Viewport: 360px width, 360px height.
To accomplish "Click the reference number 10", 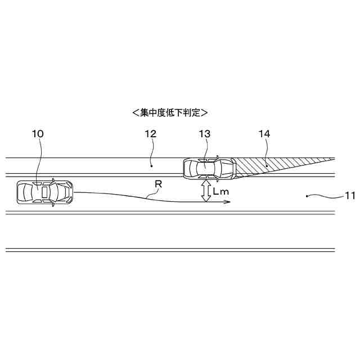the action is (x=38, y=134).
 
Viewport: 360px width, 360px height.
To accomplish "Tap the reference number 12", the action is (x=150, y=134).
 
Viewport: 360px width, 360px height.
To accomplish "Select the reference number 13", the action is (x=205, y=134).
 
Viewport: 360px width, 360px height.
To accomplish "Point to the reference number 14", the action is (x=264, y=134).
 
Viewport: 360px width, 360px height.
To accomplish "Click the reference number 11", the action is (x=350, y=196).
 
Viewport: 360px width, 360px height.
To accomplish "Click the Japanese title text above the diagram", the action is (x=170, y=112).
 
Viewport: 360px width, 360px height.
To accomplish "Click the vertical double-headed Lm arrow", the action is (x=206, y=191).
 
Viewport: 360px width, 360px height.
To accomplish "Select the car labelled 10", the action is (x=44, y=192).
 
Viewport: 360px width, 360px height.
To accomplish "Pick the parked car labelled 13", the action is (x=209, y=167).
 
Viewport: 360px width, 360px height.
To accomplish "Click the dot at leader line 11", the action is (x=306, y=196).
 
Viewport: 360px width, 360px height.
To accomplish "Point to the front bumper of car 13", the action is (x=233, y=167).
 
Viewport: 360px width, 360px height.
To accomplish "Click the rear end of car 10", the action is (x=18, y=192).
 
